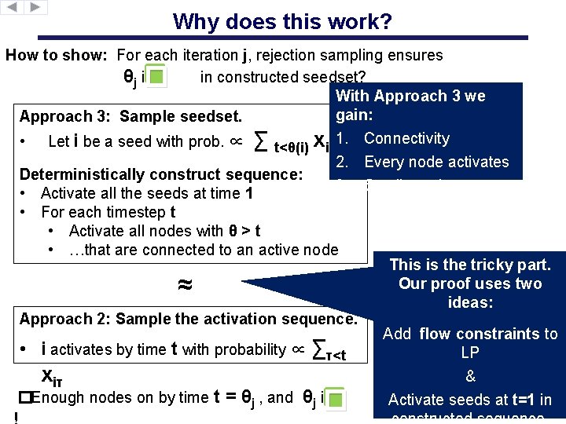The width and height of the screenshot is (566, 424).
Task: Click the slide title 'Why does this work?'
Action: point(282,21)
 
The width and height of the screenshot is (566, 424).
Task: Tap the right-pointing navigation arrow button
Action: point(36,7)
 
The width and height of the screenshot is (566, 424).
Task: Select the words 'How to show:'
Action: point(58,56)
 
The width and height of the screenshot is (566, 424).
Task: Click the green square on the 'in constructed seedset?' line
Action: point(157,78)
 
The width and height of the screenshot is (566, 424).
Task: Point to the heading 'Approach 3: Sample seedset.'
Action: point(130,117)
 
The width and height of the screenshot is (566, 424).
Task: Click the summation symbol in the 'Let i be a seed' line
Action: point(263,142)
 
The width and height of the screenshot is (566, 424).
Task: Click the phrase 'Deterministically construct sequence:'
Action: point(161,174)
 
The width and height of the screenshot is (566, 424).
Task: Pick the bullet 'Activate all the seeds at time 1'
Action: point(147,193)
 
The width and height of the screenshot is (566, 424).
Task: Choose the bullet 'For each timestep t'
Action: point(108,212)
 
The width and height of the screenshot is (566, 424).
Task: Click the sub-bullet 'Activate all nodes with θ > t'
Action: point(164,231)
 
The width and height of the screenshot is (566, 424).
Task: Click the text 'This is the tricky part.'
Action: point(470,265)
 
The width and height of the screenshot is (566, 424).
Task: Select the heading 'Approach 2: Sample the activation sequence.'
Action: point(188,319)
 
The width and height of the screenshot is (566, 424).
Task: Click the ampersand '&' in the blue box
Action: point(469,376)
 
